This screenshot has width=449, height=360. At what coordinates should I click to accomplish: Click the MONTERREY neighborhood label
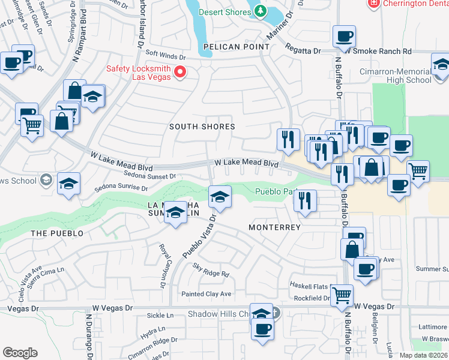pos(274,228)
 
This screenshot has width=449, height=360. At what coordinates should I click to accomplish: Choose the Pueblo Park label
pos(277,193)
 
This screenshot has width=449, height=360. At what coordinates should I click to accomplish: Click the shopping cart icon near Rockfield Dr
pos(342,295)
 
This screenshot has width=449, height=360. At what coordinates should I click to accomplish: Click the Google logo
pos(20,353)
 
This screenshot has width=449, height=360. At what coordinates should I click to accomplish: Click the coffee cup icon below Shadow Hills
pos(262,329)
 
